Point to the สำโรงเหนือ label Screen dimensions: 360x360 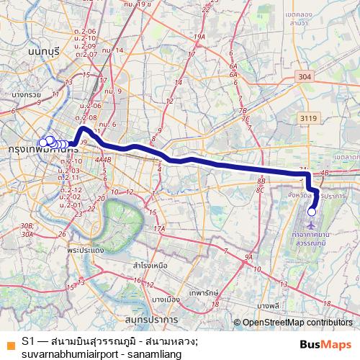coord(150,265)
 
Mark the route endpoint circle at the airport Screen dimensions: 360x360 coord(312,211)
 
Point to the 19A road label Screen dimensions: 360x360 coord(199,37)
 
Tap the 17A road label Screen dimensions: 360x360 coord(159,228)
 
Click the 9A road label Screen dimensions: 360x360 coord(248,256)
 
